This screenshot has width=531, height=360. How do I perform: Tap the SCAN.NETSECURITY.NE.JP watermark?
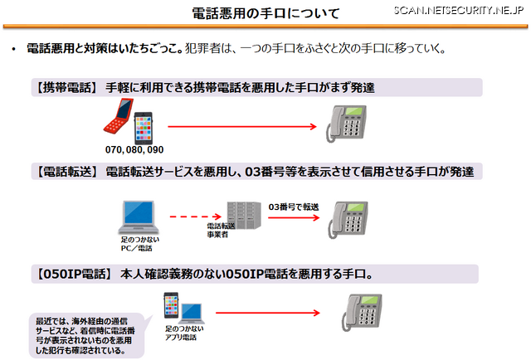tap(457, 10)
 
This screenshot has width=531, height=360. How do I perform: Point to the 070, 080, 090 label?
tap(134, 150)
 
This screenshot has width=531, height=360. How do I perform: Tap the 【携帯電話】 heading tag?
tap(66, 87)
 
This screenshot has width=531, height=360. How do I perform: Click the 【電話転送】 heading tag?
tap(66, 173)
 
